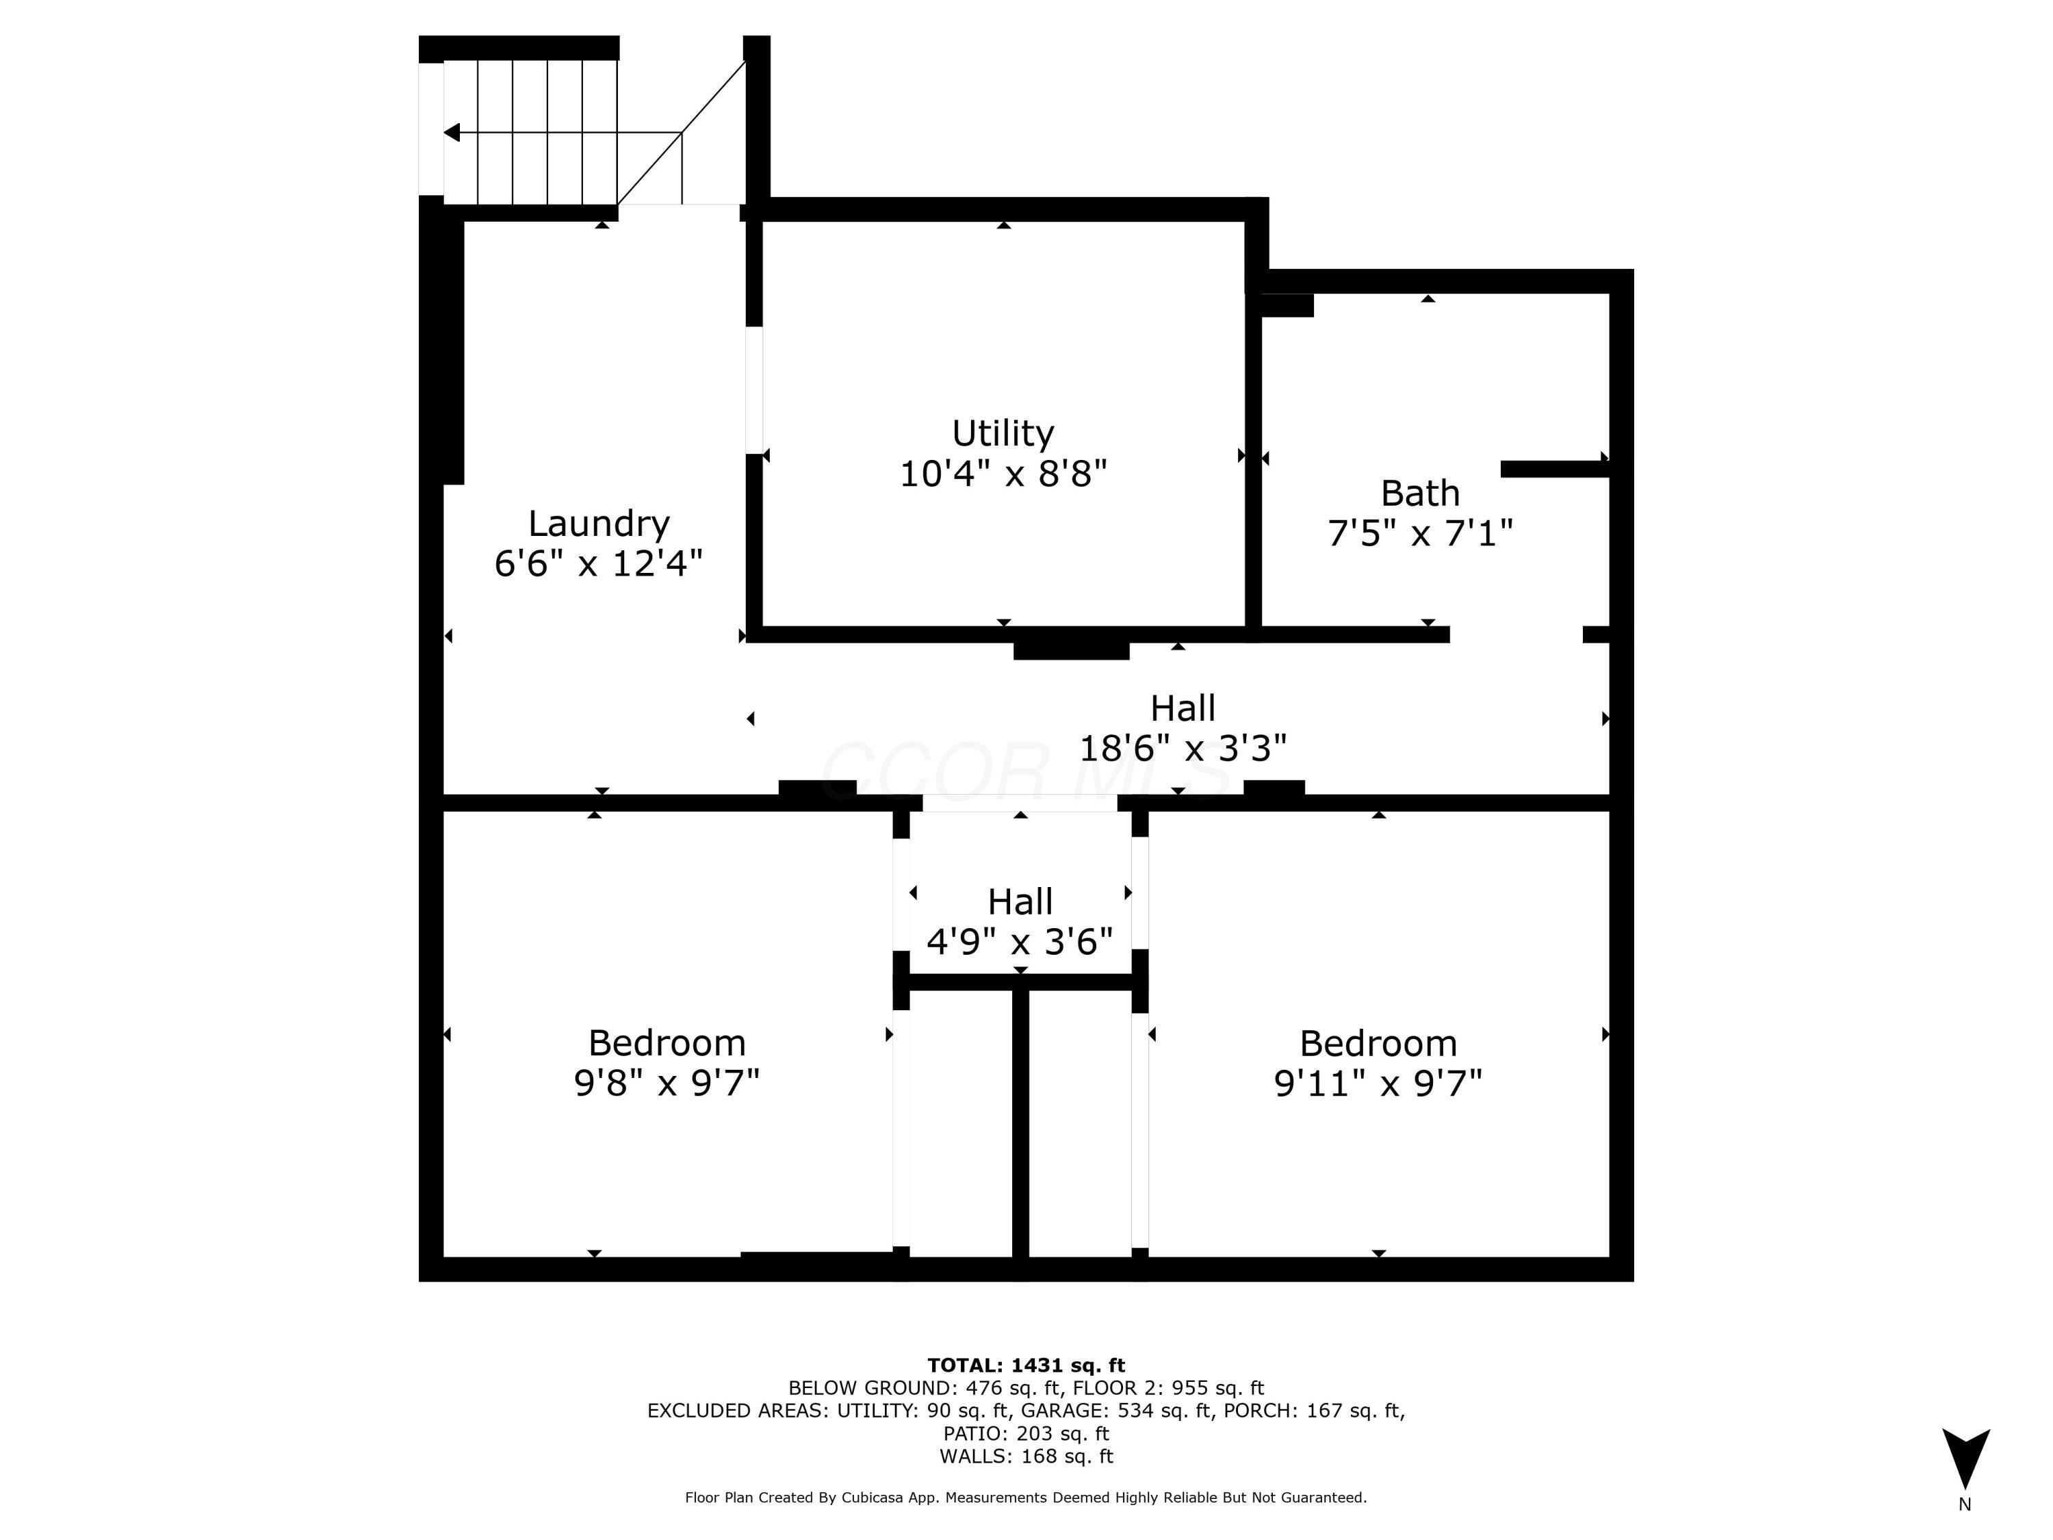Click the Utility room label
click(x=1003, y=433)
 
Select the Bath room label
click(x=1419, y=493)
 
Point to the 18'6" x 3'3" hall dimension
click(x=1183, y=748)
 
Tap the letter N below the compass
click(x=1965, y=1504)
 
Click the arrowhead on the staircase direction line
click(x=452, y=133)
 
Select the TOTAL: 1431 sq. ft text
click(x=1026, y=1365)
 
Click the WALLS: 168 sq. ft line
click(x=1026, y=1456)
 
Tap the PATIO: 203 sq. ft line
click(x=1026, y=1434)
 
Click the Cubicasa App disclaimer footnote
click(x=1026, y=1498)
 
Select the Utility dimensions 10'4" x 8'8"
click(x=1003, y=474)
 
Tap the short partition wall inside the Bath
click(x=1553, y=470)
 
